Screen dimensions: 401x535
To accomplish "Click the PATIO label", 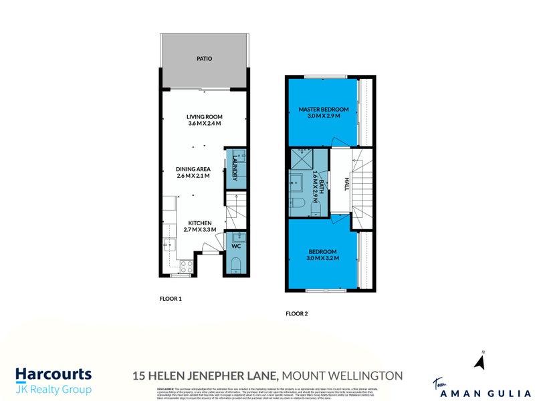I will (204, 59).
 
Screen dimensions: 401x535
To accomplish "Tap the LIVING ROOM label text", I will (204, 116).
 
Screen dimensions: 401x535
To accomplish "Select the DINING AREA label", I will (194, 169).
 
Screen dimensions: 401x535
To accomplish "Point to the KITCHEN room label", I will (199, 223).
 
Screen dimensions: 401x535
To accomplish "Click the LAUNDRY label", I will (235, 168).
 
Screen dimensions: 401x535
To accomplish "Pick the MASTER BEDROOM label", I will (324, 109).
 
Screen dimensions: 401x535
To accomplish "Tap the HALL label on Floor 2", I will (346, 184).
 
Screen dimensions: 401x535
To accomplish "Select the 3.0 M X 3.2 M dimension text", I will (324, 257).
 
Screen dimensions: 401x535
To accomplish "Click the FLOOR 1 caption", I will (171, 299).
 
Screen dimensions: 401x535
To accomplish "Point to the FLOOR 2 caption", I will (296, 313).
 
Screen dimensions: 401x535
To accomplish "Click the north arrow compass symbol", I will (479, 362).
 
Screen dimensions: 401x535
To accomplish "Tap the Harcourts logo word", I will (53, 374).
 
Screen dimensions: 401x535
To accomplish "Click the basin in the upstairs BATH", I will (295, 180).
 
